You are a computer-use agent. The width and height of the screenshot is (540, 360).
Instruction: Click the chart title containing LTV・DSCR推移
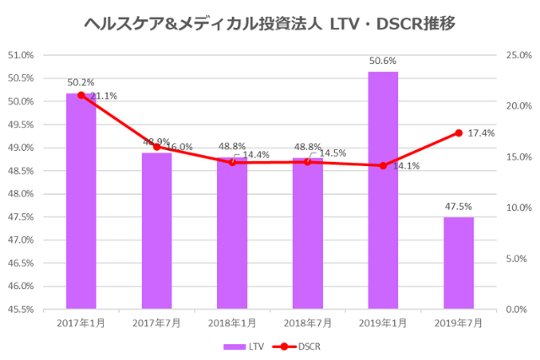click(270, 24)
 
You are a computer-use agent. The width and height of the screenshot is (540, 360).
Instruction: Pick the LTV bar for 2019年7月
click(459, 263)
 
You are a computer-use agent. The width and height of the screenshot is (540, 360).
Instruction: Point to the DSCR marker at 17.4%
click(459, 132)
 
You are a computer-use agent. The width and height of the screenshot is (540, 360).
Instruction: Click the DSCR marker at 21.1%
click(81, 95)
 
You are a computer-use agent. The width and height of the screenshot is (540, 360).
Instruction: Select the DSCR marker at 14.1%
click(383, 166)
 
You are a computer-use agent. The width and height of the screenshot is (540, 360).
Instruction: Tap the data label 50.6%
click(383, 61)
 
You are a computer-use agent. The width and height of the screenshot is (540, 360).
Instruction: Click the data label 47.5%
click(459, 206)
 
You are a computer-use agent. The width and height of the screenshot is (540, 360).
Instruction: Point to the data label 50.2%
click(80, 83)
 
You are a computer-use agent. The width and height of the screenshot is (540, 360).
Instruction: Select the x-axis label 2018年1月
click(232, 323)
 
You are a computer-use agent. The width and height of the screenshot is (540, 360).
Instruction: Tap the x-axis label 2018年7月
click(307, 323)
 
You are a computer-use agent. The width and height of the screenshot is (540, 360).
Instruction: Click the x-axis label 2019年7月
click(459, 323)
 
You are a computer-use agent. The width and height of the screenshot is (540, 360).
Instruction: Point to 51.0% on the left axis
click(20, 56)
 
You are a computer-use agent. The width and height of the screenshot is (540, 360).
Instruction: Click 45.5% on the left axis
click(20, 309)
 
